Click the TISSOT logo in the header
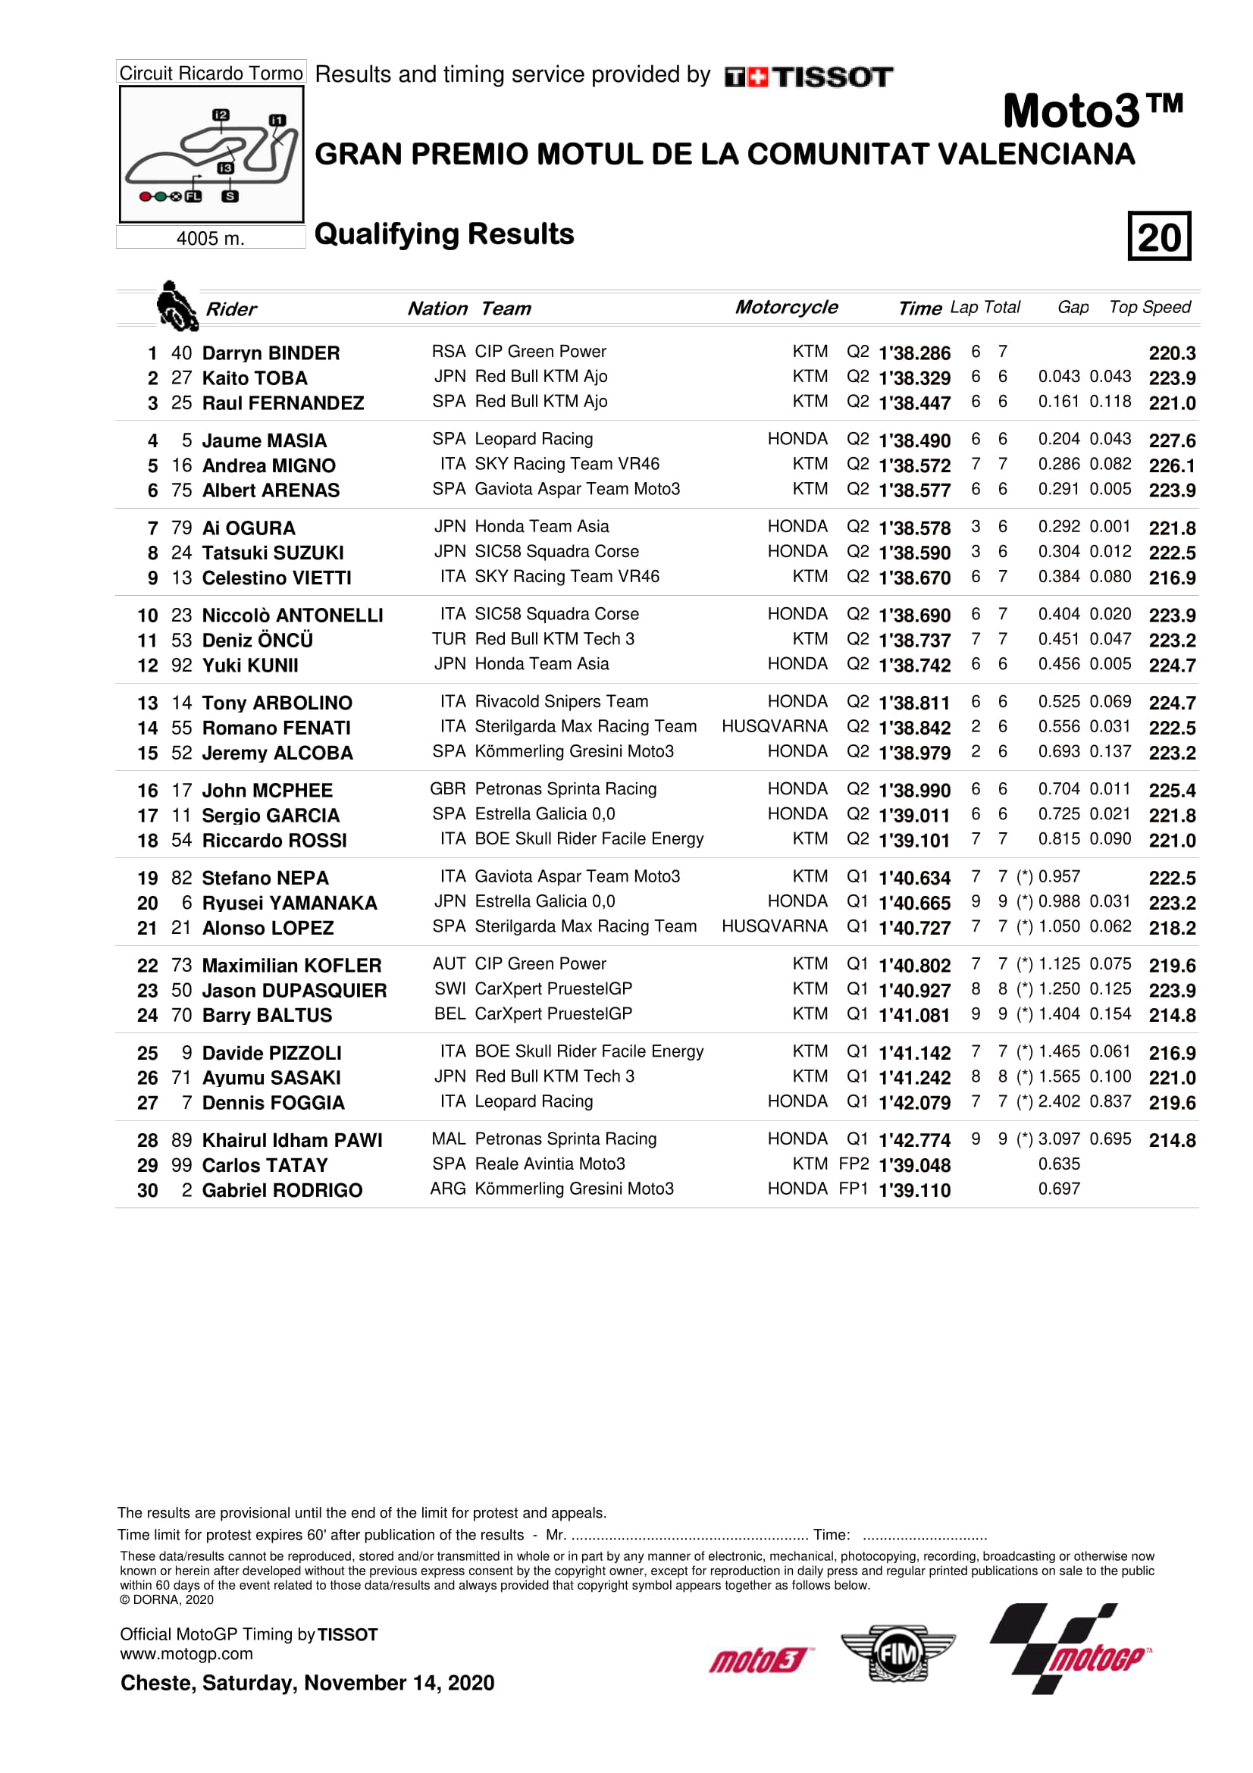[808, 77]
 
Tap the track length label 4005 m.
[210, 238]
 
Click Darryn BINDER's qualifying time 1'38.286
[914, 353]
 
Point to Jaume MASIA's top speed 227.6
[1171, 440]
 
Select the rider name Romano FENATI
[276, 728]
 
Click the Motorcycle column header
[786, 307]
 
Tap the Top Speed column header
[1149, 307]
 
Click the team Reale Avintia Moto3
[550, 1164]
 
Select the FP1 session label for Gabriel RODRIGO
[853, 1189]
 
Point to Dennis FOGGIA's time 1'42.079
[914, 1103]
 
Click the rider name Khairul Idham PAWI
[292, 1140]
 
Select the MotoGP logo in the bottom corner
[1070, 1649]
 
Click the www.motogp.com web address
[186, 1653]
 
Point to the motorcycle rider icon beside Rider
[176, 305]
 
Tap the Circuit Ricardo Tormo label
[211, 73]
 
